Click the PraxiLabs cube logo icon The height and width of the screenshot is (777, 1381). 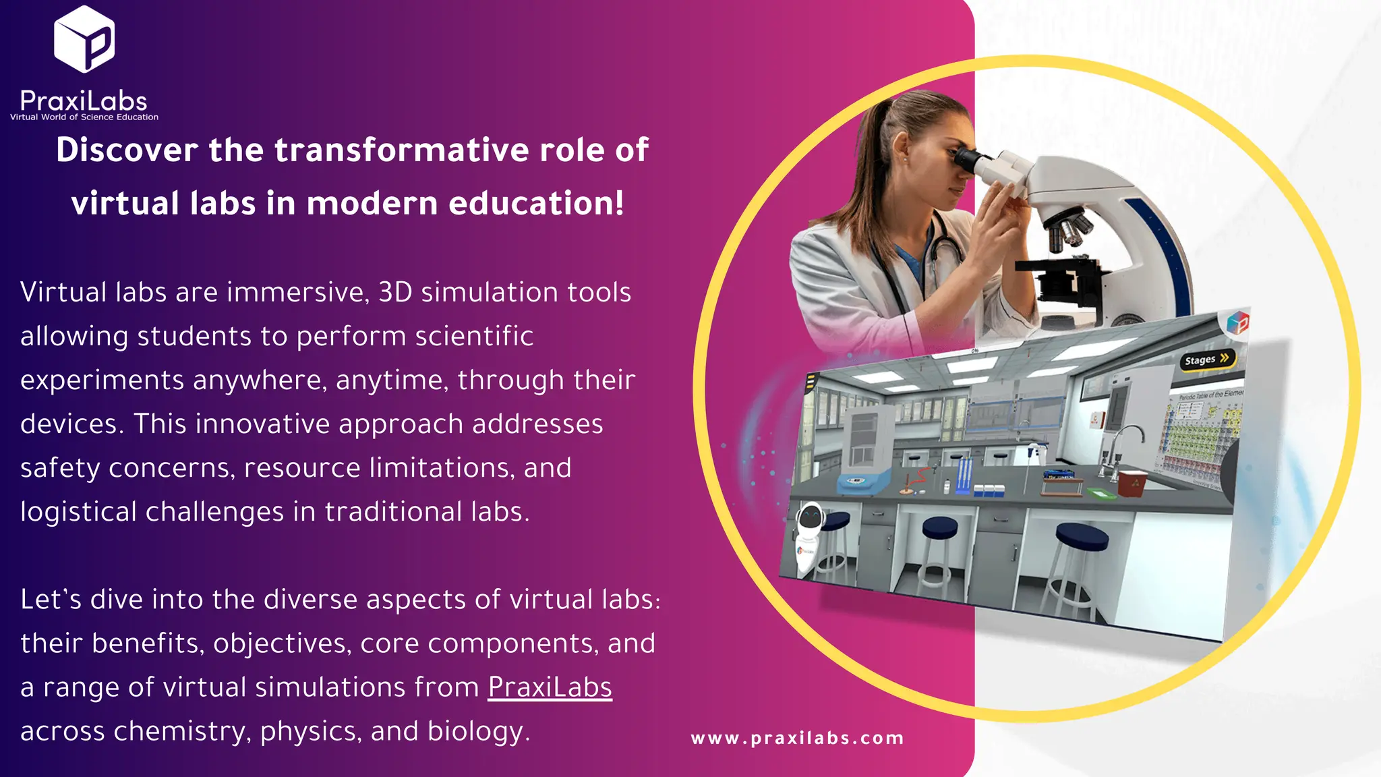84,39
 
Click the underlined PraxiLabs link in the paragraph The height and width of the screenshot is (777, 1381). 550,687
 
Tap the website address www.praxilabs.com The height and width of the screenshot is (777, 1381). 797,738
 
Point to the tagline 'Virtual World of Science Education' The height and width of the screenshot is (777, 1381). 84,117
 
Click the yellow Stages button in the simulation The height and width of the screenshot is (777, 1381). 1207,359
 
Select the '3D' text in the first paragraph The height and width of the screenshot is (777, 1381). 395,293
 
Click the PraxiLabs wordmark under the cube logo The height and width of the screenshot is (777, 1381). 84,101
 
